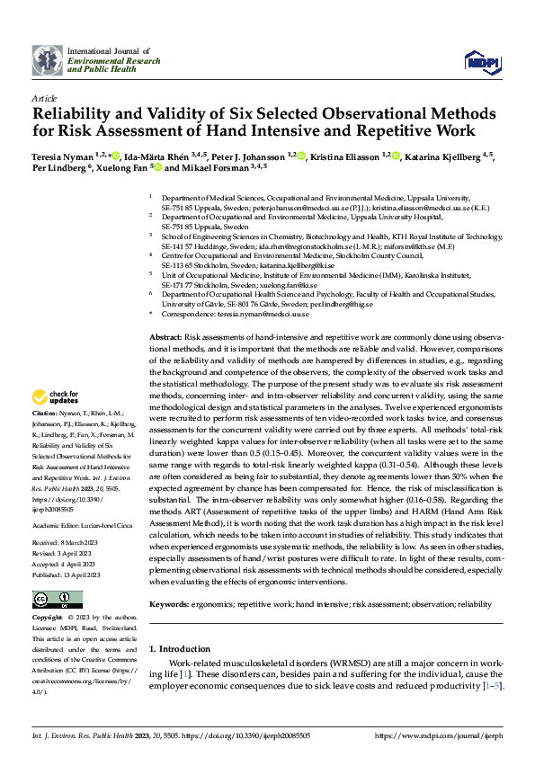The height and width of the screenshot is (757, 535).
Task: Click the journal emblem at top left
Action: click(x=47, y=59)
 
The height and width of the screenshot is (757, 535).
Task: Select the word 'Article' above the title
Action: click(x=43, y=97)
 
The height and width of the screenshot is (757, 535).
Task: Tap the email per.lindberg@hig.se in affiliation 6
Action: click(x=370, y=304)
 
